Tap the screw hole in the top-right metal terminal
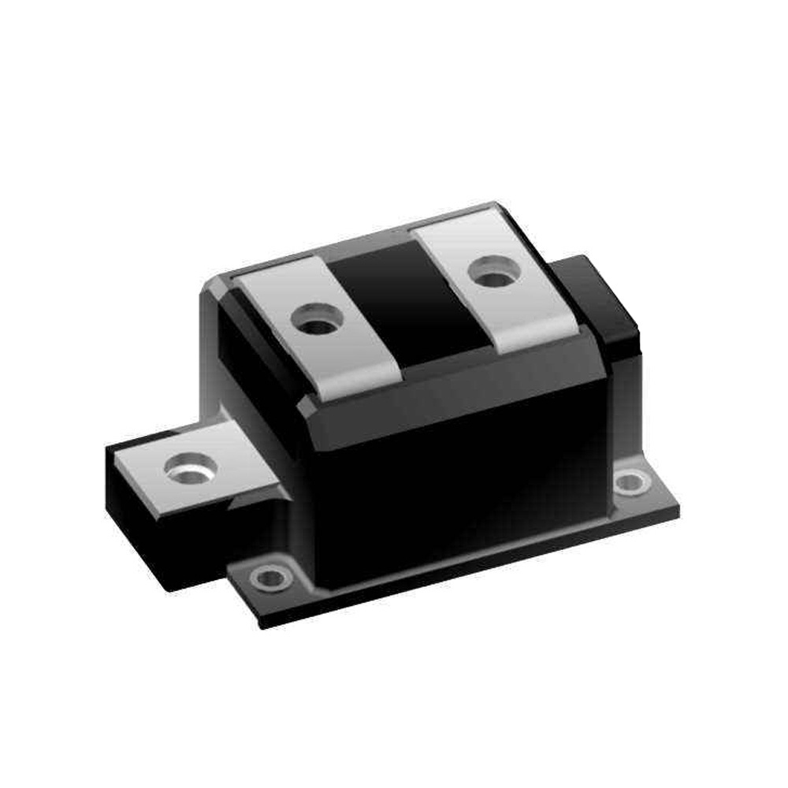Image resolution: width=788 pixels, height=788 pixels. click(492, 275)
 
